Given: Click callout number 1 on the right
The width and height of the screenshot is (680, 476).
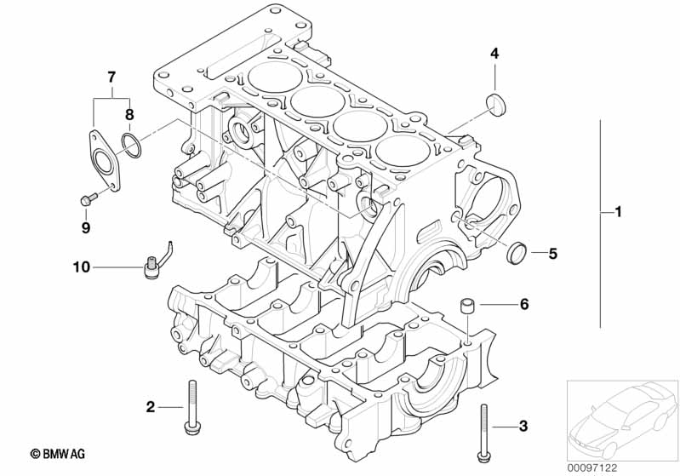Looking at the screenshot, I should [x=619, y=211].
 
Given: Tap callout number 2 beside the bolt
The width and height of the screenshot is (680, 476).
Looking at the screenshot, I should [x=151, y=407].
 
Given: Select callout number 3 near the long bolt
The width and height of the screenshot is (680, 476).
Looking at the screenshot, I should [x=523, y=425].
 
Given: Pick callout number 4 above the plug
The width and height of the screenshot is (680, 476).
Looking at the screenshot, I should [x=494, y=54].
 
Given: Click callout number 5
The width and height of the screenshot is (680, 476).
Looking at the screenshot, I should [x=552, y=253].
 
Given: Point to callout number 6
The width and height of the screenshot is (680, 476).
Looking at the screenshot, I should [x=524, y=304].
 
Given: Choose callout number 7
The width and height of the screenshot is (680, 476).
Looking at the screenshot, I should [x=111, y=77].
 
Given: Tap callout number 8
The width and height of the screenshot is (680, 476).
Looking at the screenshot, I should [x=130, y=113].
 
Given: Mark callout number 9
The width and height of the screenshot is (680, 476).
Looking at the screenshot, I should [x=85, y=227].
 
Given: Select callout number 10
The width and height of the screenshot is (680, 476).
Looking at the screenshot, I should [x=81, y=267].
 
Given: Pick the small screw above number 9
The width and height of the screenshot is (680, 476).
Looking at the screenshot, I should [x=87, y=200].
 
